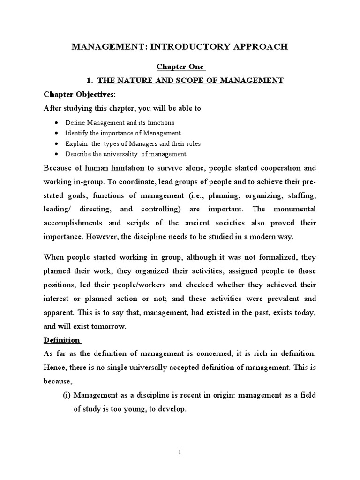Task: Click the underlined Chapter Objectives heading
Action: pyautogui.click(x=78, y=94)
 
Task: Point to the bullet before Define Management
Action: pyautogui.click(x=56, y=123)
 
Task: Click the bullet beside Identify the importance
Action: pyautogui.click(x=56, y=133)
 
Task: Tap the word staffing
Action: pyautogui.click(x=302, y=195)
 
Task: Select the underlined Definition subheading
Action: pyautogui.click(x=62, y=339)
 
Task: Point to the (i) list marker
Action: pyautogui.click(x=67, y=395)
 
